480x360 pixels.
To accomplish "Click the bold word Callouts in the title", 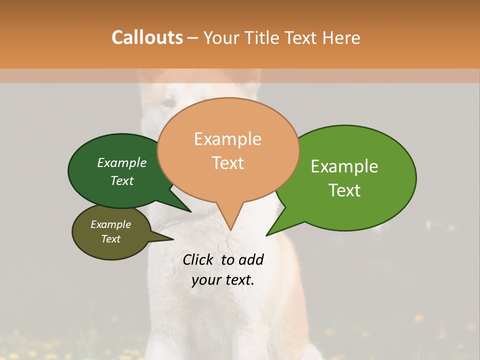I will point(147,37).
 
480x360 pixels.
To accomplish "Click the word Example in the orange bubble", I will point(227,139).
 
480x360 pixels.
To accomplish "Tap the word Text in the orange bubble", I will point(228,163).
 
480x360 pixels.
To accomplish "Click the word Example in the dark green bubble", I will point(121,162).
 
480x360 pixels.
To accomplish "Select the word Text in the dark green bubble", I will point(122,180).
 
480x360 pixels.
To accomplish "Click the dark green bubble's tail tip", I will point(190,212).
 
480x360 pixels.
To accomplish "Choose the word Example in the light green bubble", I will point(344,166).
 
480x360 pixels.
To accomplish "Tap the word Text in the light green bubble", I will point(344,190).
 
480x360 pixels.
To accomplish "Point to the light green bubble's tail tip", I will point(266,235).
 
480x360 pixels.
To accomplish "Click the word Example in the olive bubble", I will point(110,224).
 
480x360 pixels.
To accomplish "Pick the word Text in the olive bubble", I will point(110,239).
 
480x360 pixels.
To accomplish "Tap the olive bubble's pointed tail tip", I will point(173,239).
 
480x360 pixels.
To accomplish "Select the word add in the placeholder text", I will point(251,259).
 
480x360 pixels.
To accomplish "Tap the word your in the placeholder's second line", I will point(205,280).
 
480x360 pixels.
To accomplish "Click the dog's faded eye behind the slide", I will point(169,103).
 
